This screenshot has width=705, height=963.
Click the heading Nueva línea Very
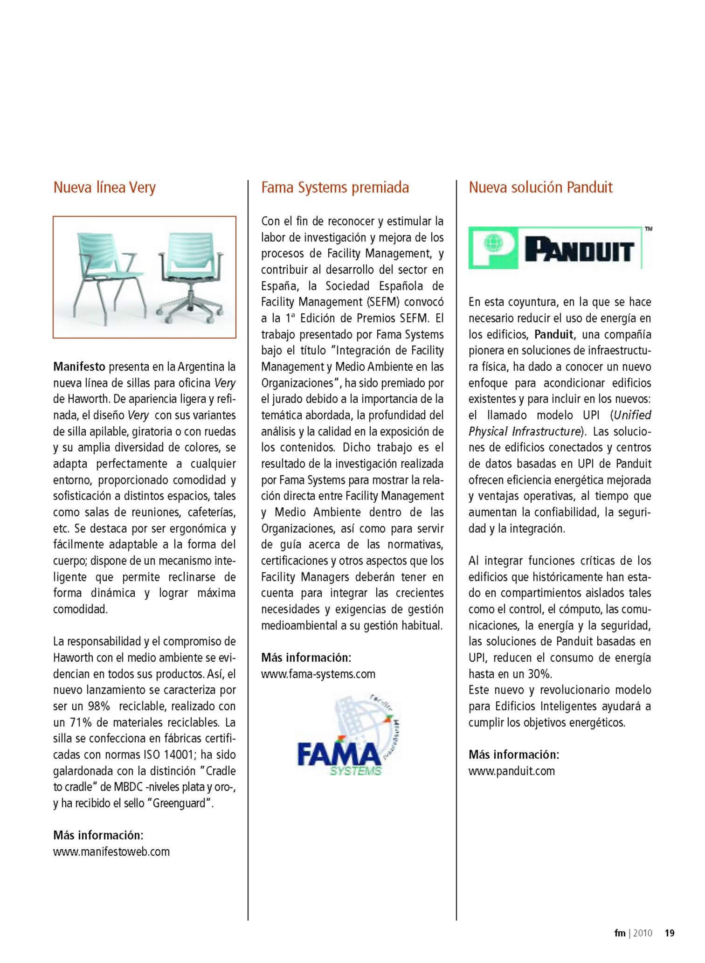(104, 187)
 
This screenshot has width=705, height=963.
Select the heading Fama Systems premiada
(335, 187)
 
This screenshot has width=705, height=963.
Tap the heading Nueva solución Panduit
(540, 187)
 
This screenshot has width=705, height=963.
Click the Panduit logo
(555, 248)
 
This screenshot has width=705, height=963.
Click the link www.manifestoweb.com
(111, 852)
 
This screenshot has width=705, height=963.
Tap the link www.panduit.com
(511, 770)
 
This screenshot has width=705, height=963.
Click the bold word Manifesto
(79, 367)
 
